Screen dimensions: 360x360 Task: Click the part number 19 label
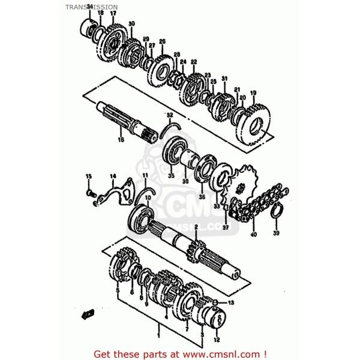253,92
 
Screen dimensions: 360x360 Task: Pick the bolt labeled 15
91,193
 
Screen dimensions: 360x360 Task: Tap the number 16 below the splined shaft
121,140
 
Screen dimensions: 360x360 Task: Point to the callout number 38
185,181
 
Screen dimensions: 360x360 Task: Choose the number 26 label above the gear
162,41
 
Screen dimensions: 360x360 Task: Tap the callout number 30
131,23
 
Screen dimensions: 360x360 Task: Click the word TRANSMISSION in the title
96,7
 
